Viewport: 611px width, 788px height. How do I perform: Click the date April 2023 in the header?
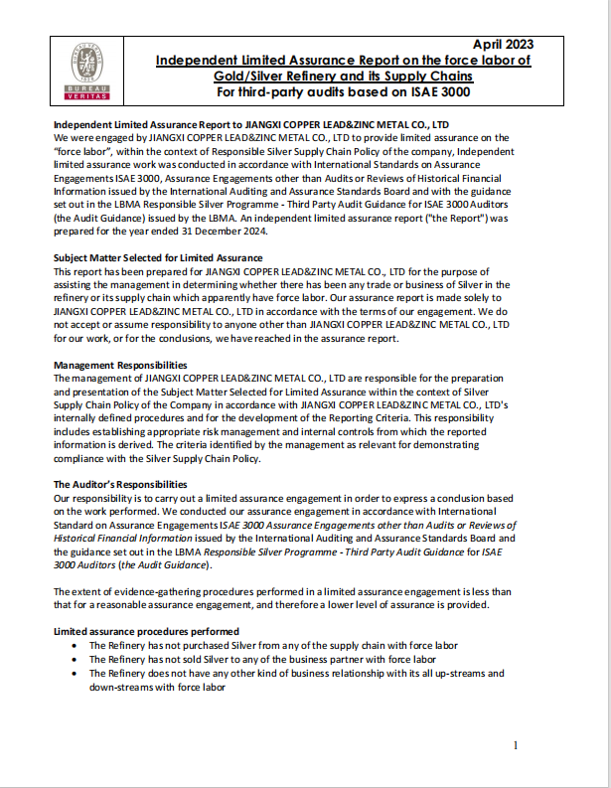coord(503,44)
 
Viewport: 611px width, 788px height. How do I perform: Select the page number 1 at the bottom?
coord(515,746)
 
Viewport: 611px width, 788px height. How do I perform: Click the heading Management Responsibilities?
coord(120,365)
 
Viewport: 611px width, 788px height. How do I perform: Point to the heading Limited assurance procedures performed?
coord(146,631)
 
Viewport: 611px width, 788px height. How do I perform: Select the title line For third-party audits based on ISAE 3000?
coord(343,92)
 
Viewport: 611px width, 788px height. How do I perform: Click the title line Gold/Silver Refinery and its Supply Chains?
coord(344,76)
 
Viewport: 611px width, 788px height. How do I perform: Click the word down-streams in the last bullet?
coord(121,686)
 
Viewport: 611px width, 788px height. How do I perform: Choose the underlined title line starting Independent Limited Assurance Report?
coord(344,60)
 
